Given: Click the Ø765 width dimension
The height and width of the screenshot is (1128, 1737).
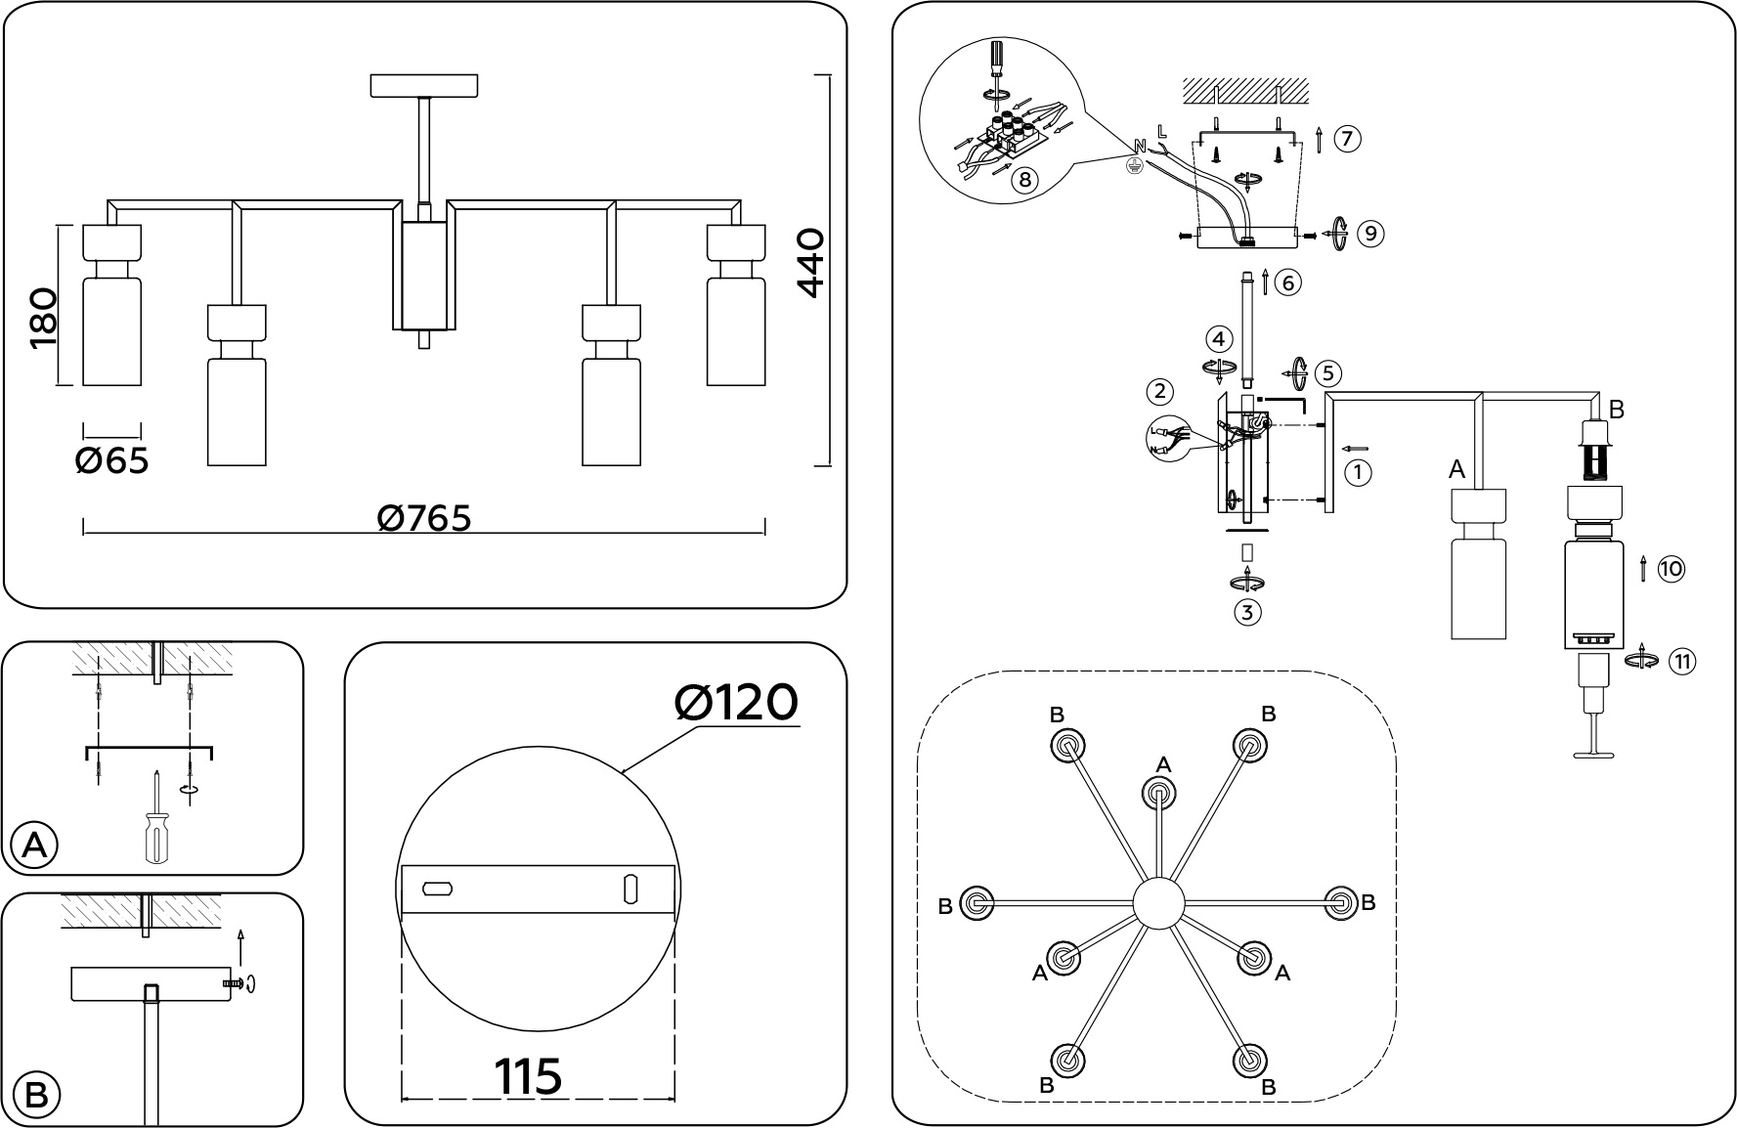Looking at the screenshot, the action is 424,518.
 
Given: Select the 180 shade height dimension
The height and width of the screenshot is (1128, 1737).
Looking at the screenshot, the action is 44,319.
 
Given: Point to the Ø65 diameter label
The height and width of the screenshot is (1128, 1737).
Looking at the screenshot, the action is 112,459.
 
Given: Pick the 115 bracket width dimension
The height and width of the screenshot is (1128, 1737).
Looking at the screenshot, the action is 529,1076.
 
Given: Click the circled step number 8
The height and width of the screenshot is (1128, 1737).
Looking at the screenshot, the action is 1024,182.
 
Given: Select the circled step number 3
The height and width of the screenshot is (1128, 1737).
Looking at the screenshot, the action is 1247,613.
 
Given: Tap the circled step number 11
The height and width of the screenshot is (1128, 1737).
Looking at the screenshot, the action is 1681,661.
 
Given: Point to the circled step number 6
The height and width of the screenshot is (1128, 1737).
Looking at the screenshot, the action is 1288,283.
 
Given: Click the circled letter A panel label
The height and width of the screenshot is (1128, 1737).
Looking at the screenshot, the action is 34,846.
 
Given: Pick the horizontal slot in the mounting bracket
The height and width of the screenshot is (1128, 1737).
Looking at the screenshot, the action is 437,889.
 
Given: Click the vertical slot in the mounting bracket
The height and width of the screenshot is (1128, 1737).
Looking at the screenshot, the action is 630,889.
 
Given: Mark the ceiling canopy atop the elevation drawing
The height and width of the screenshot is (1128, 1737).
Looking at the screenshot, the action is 424,85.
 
